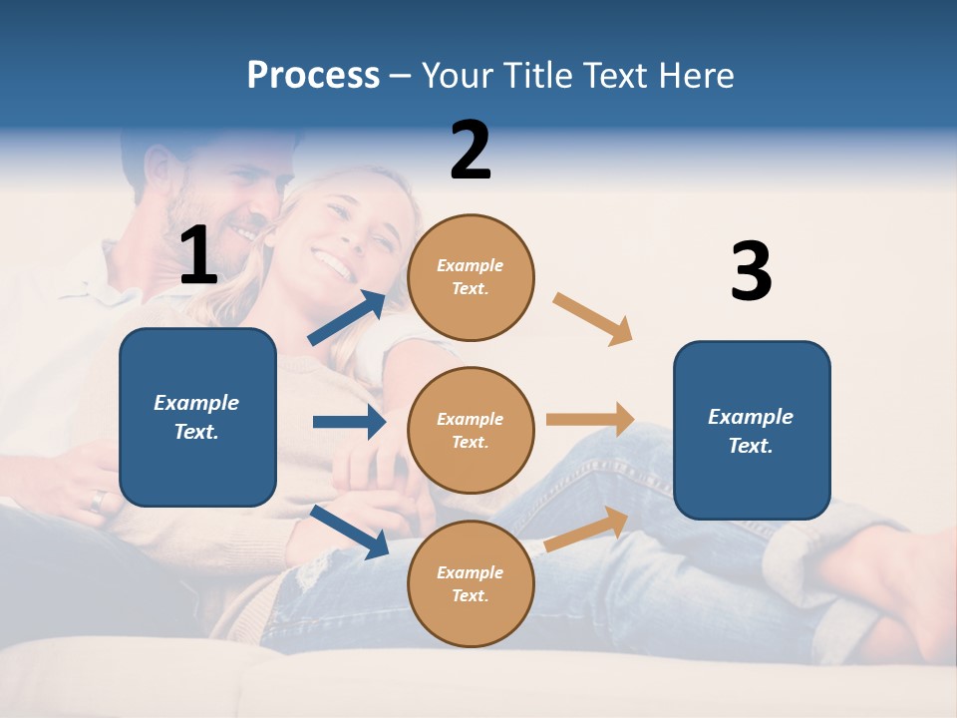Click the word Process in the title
[x=313, y=76]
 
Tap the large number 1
[x=198, y=255]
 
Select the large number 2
[x=471, y=151]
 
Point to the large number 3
[x=751, y=271]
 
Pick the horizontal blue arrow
[x=349, y=422]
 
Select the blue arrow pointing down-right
[x=350, y=532]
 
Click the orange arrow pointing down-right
[x=592, y=319]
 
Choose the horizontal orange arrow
[x=590, y=420]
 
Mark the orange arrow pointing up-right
[x=586, y=530]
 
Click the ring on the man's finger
[x=97, y=501]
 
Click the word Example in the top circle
[x=471, y=265]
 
